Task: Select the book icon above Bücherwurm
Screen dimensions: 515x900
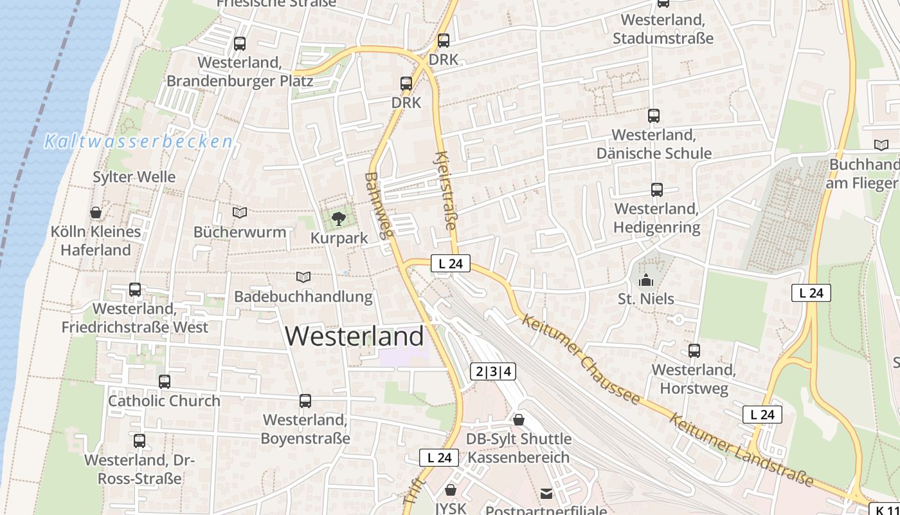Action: click(x=240, y=212)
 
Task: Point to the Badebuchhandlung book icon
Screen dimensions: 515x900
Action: click(x=303, y=277)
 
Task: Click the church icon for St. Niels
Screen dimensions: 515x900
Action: click(x=646, y=280)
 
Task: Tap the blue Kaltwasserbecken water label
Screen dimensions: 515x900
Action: click(x=138, y=142)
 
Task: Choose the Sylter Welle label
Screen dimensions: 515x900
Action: click(x=134, y=176)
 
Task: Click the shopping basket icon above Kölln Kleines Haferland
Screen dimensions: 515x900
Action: click(x=96, y=212)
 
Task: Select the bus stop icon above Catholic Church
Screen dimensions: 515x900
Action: click(x=165, y=381)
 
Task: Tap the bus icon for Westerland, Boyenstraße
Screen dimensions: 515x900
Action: click(x=305, y=401)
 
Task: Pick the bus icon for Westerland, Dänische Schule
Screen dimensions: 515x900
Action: click(x=654, y=116)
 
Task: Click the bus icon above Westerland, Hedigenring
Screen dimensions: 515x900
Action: click(x=656, y=190)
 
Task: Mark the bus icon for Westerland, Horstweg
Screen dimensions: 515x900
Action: click(x=694, y=351)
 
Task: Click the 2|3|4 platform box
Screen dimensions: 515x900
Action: click(x=493, y=371)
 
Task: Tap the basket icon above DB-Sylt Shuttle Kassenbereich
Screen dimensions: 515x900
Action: click(x=519, y=420)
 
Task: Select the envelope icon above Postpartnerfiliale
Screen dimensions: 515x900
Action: click(x=546, y=494)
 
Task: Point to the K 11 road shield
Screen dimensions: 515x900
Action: click(x=886, y=509)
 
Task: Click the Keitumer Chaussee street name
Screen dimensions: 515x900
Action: click(x=581, y=358)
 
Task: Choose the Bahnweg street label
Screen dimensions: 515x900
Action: click(x=378, y=205)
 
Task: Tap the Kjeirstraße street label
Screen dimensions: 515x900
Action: click(x=446, y=191)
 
